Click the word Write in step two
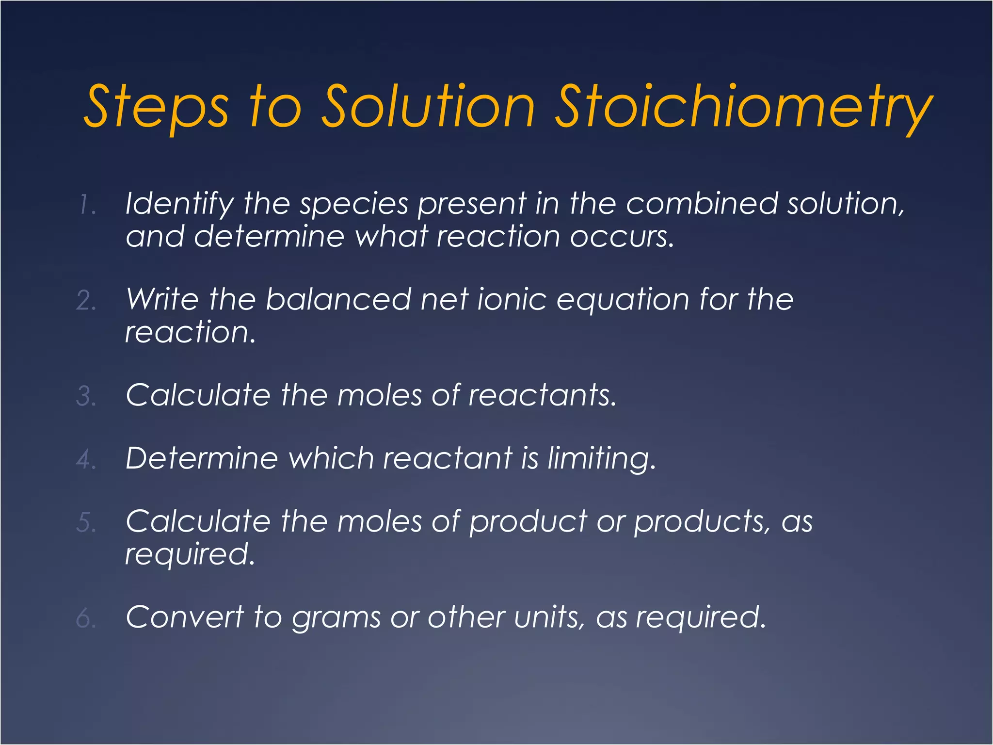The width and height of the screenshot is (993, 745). [162, 299]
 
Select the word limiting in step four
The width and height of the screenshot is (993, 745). [601, 459]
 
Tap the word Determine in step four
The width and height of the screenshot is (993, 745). [202, 458]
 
